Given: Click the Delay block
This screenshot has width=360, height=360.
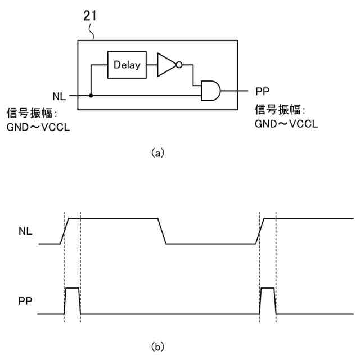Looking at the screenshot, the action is coord(127,65).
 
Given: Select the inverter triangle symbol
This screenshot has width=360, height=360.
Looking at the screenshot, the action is coord(166,65).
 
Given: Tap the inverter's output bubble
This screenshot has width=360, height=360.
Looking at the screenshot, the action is coord(179,65).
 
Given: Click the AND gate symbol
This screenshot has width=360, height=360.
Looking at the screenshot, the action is coord(210,91).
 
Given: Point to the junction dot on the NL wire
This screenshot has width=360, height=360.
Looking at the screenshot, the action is coord(91,95).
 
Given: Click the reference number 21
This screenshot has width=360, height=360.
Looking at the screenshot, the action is coord(90,16).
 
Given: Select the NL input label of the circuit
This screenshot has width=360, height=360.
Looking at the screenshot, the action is coord(59,96).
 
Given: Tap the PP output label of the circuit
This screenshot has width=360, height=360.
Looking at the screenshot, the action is coord(263,91).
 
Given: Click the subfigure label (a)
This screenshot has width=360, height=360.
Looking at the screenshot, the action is coord(157,153).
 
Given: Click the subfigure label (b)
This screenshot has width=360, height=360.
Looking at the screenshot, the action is coord(157,346).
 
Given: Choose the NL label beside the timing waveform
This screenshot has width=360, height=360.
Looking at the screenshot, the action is coord(25,231).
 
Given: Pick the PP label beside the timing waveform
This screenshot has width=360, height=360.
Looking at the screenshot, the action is coord(25,301).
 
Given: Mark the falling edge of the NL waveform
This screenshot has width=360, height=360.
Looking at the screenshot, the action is coord(162,231).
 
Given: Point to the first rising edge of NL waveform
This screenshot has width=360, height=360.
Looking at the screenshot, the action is coord(65,231).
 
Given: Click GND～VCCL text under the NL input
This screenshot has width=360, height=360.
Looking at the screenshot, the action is coord(38,127).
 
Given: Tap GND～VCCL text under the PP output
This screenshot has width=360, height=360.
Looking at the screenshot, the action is coord(286,124).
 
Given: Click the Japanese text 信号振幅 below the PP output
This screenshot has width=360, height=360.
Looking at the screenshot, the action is coord(277,110).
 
